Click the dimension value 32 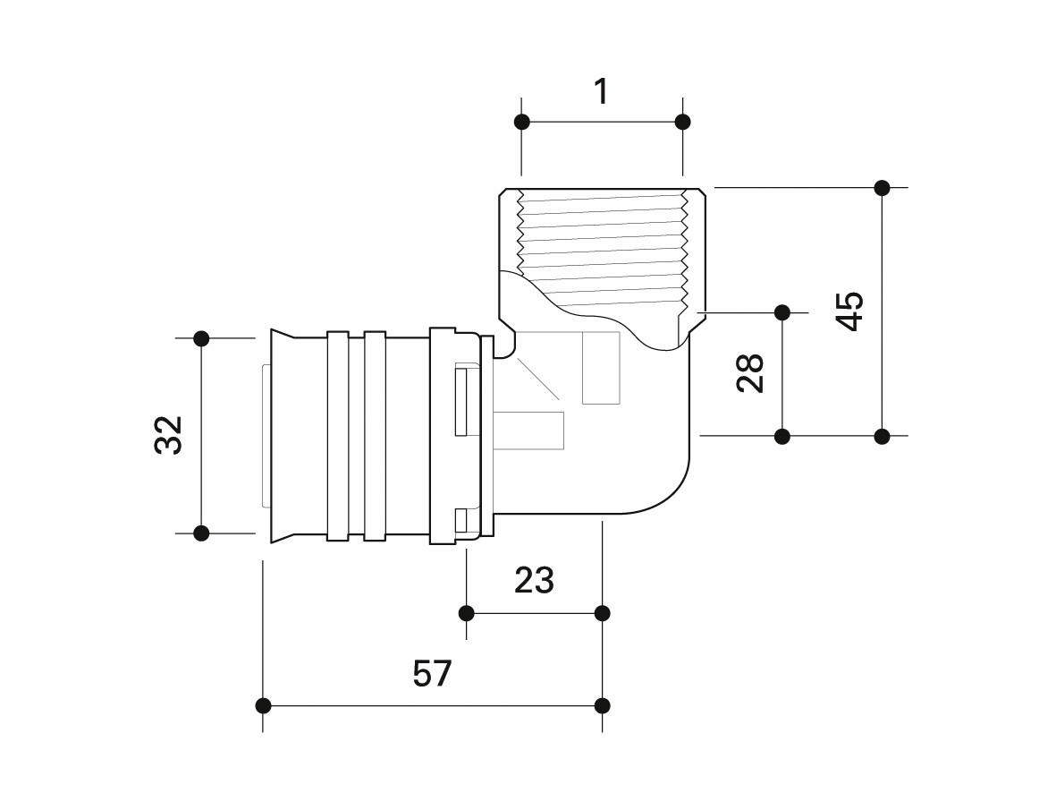tap(168, 435)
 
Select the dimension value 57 tap(433, 673)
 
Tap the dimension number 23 tap(534, 580)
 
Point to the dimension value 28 tap(750, 373)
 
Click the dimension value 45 tap(850, 311)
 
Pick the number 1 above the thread tap(602, 91)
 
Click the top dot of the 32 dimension tap(201, 338)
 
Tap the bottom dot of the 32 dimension tap(201, 533)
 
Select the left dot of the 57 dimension tap(263, 706)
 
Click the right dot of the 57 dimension tap(603, 706)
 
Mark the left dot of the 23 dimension tap(466, 613)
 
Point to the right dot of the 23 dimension tap(603, 613)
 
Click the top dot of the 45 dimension tap(883, 187)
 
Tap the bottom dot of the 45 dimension tap(883, 437)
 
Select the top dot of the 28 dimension tap(782, 313)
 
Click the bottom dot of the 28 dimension tap(782, 437)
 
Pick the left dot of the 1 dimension tap(522, 122)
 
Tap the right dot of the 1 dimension tap(683, 122)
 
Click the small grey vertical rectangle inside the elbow tap(601, 368)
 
